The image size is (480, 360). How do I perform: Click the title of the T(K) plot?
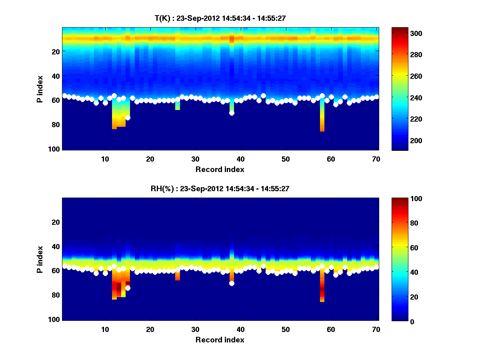(220, 18)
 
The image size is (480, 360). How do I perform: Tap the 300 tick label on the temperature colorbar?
(402, 33)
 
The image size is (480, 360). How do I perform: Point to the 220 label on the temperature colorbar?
(402, 119)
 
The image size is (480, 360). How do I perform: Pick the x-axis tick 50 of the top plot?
(286, 159)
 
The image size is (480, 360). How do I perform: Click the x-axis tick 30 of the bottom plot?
(195, 330)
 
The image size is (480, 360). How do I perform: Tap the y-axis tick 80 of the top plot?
(55, 124)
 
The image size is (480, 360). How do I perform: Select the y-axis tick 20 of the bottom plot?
(55, 222)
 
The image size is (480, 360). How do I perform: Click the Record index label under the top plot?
(220, 169)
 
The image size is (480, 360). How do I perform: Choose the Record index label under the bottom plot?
(220, 340)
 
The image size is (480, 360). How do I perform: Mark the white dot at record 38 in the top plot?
(232, 113)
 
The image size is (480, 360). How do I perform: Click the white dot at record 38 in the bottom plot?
(232, 284)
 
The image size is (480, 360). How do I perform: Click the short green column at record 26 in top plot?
(177, 105)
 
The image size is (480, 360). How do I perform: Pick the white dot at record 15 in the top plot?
(128, 118)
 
